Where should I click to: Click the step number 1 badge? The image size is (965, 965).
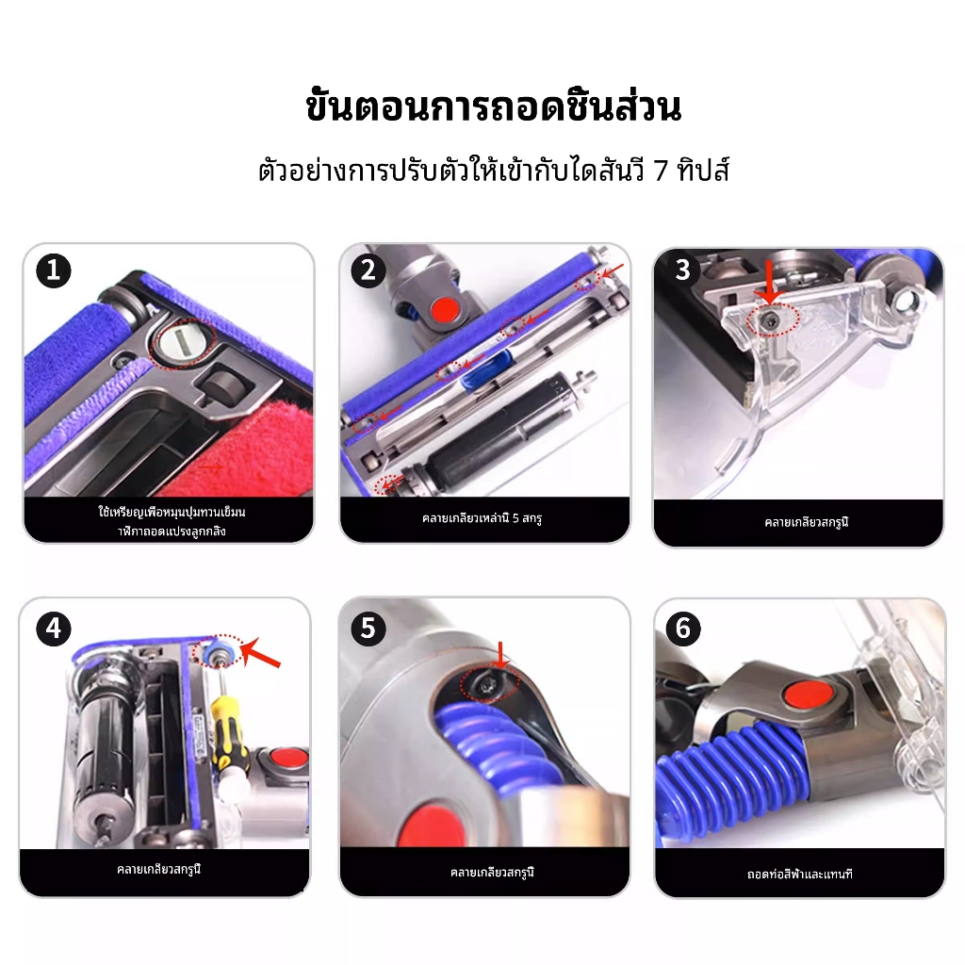[54, 270]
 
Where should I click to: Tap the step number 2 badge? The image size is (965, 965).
[368, 270]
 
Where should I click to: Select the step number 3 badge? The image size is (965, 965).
[682, 270]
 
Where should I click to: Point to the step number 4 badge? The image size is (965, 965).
[54, 629]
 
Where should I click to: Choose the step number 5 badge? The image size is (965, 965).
[368, 629]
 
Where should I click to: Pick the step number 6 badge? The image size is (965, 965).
[683, 629]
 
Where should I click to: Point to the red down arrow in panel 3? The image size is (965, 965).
[768, 282]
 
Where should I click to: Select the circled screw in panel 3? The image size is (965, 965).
[772, 320]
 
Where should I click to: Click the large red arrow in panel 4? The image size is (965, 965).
[260, 654]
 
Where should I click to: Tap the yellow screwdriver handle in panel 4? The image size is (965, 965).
[229, 733]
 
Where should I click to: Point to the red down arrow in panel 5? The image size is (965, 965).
[501, 656]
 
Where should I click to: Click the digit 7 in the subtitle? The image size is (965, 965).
[661, 171]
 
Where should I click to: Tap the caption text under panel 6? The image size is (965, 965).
[799, 874]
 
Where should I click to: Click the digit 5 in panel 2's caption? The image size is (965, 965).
[515, 518]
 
